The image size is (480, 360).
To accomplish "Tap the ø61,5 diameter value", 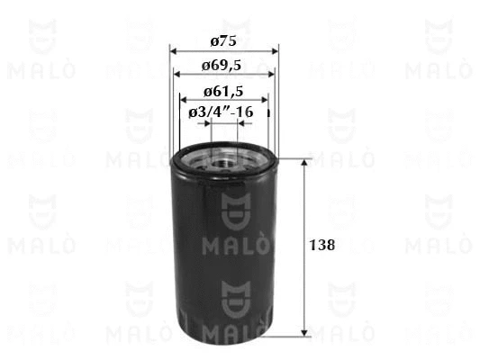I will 224,91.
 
